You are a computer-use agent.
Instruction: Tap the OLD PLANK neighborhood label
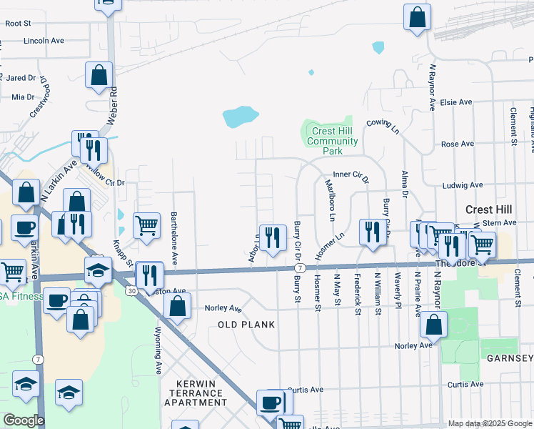(x=246, y=325)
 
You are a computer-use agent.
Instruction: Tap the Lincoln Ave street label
(x=44, y=41)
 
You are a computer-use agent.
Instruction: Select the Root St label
(x=18, y=23)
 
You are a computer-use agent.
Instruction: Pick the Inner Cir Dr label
(x=351, y=174)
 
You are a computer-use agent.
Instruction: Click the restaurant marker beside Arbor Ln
(x=271, y=237)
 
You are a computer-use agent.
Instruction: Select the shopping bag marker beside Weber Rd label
(x=99, y=74)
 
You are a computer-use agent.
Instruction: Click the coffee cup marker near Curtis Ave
(x=271, y=402)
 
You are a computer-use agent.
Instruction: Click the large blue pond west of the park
(x=240, y=116)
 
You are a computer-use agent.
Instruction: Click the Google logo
(x=24, y=420)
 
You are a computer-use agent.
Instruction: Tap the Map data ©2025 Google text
(x=489, y=423)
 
